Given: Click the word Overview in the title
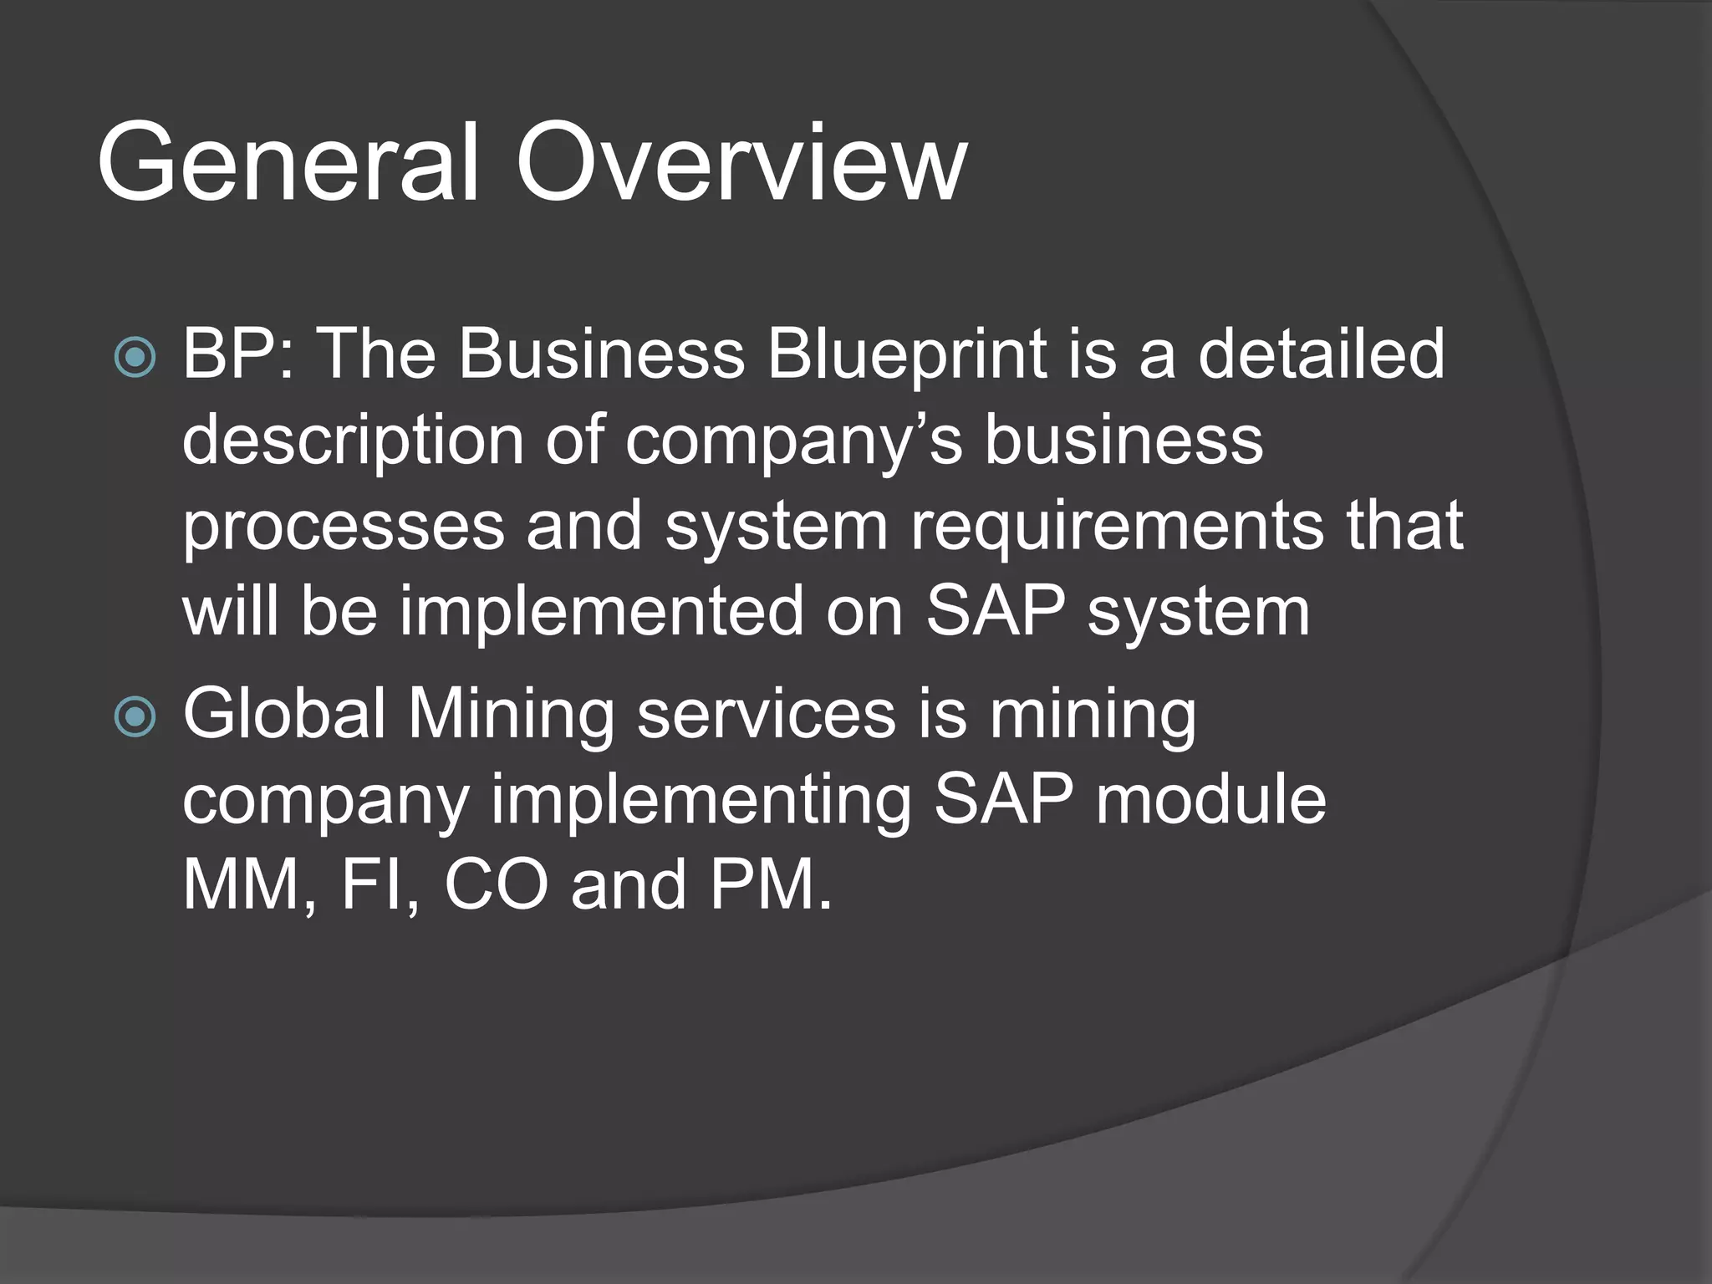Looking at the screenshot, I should pyautogui.click(x=741, y=162).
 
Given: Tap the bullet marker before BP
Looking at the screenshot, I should pyautogui.click(x=135, y=357).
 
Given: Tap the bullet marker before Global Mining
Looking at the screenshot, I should pyautogui.click(x=135, y=717).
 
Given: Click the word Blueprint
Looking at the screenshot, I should pyautogui.click(x=906, y=354).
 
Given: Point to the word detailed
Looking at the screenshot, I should pyautogui.click(x=1321, y=354).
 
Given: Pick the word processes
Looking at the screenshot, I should pyautogui.click(x=344, y=527).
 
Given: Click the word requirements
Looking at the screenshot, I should pyautogui.click(x=1117, y=527).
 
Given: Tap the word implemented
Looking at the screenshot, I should pyautogui.click(x=602, y=612).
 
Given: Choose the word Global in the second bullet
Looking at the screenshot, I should pyautogui.click(x=283, y=715).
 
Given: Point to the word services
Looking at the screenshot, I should pyautogui.click(x=766, y=715).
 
